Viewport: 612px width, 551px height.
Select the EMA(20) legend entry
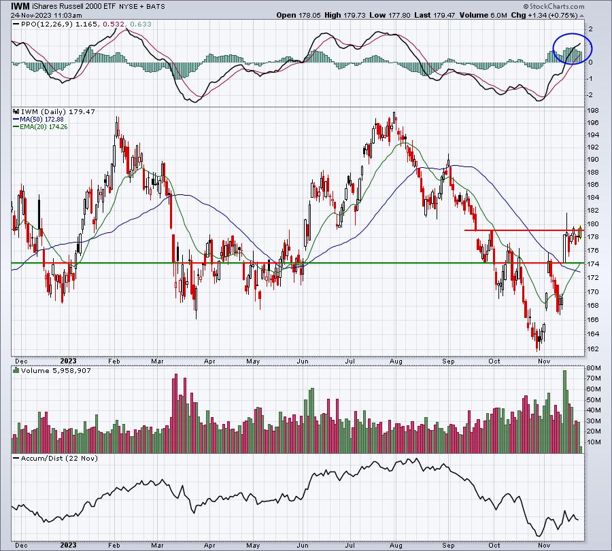tap(36, 127)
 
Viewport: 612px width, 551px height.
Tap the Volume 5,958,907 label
tap(46, 371)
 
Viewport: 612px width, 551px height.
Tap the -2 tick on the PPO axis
tap(590, 96)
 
